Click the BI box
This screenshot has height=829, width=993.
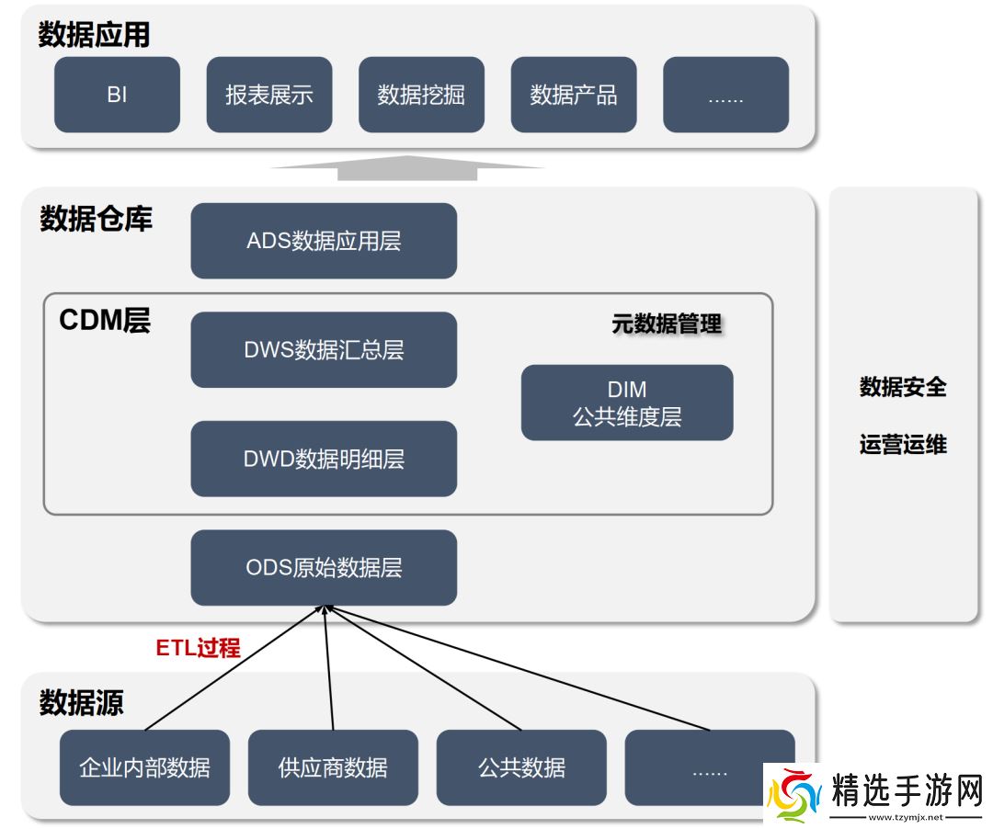(x=117, y=95)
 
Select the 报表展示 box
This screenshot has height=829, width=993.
(x=269, y=95)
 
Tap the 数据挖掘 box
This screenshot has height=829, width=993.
(x=421, y=95)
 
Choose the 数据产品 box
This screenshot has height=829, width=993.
(x=574, y=95)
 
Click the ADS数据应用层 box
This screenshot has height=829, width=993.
(x=324, y=241)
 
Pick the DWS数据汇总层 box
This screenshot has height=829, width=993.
(x=324, y=349)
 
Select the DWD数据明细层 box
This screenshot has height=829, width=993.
(x=324, y=459)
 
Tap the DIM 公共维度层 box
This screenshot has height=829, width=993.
(x=627, y=403)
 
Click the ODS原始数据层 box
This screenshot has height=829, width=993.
(x=324, y=567)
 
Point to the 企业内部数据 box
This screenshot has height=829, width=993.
(x=144, y=767)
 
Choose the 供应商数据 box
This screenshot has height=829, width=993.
(x=333, y=767)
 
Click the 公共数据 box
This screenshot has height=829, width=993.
(x=521, y=767)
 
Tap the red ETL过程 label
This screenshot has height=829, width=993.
(x=198, y=648)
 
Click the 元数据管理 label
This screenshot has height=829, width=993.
(x=667, y=324)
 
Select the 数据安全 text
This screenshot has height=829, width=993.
(x=903, y=387)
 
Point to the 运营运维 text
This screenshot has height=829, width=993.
(x=903, y=446)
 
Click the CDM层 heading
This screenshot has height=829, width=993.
(x=105, y=320)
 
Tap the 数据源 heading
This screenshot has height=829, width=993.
(x=81, y=703)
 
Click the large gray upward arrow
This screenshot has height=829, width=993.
(x=407, y=167)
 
